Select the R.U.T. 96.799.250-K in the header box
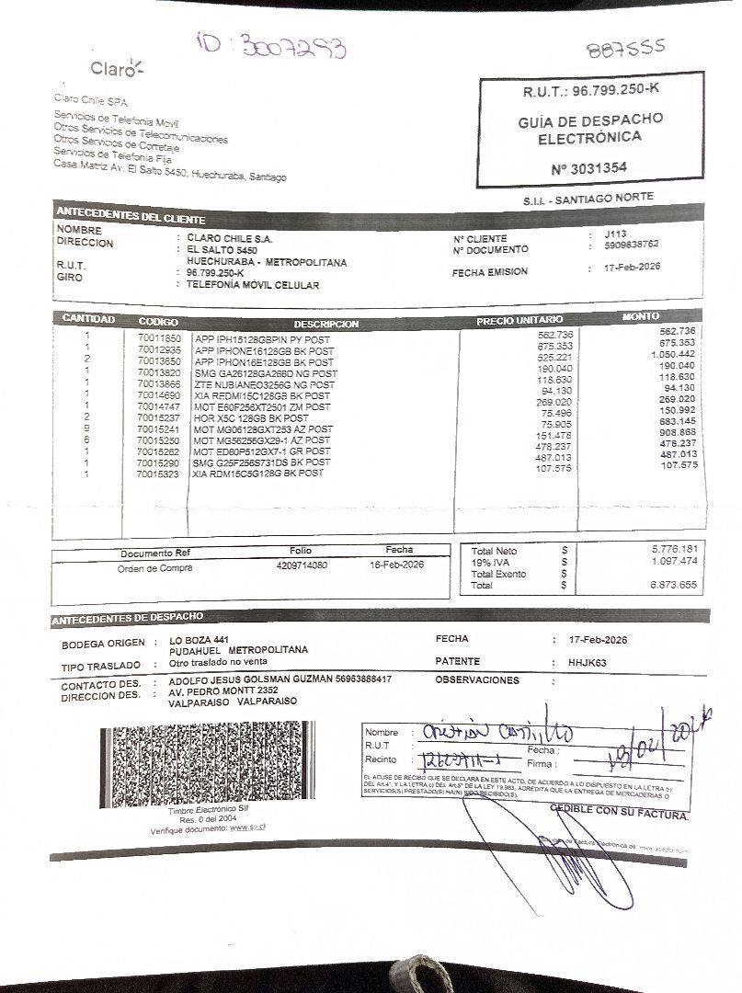pos(591,90)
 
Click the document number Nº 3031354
pos(588,168)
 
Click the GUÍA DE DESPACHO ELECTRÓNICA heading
pos(589,129)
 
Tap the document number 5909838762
pos(632,245)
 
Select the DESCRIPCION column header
pos(326,325)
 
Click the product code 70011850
pos(158,337)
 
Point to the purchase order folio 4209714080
pos(302,565)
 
